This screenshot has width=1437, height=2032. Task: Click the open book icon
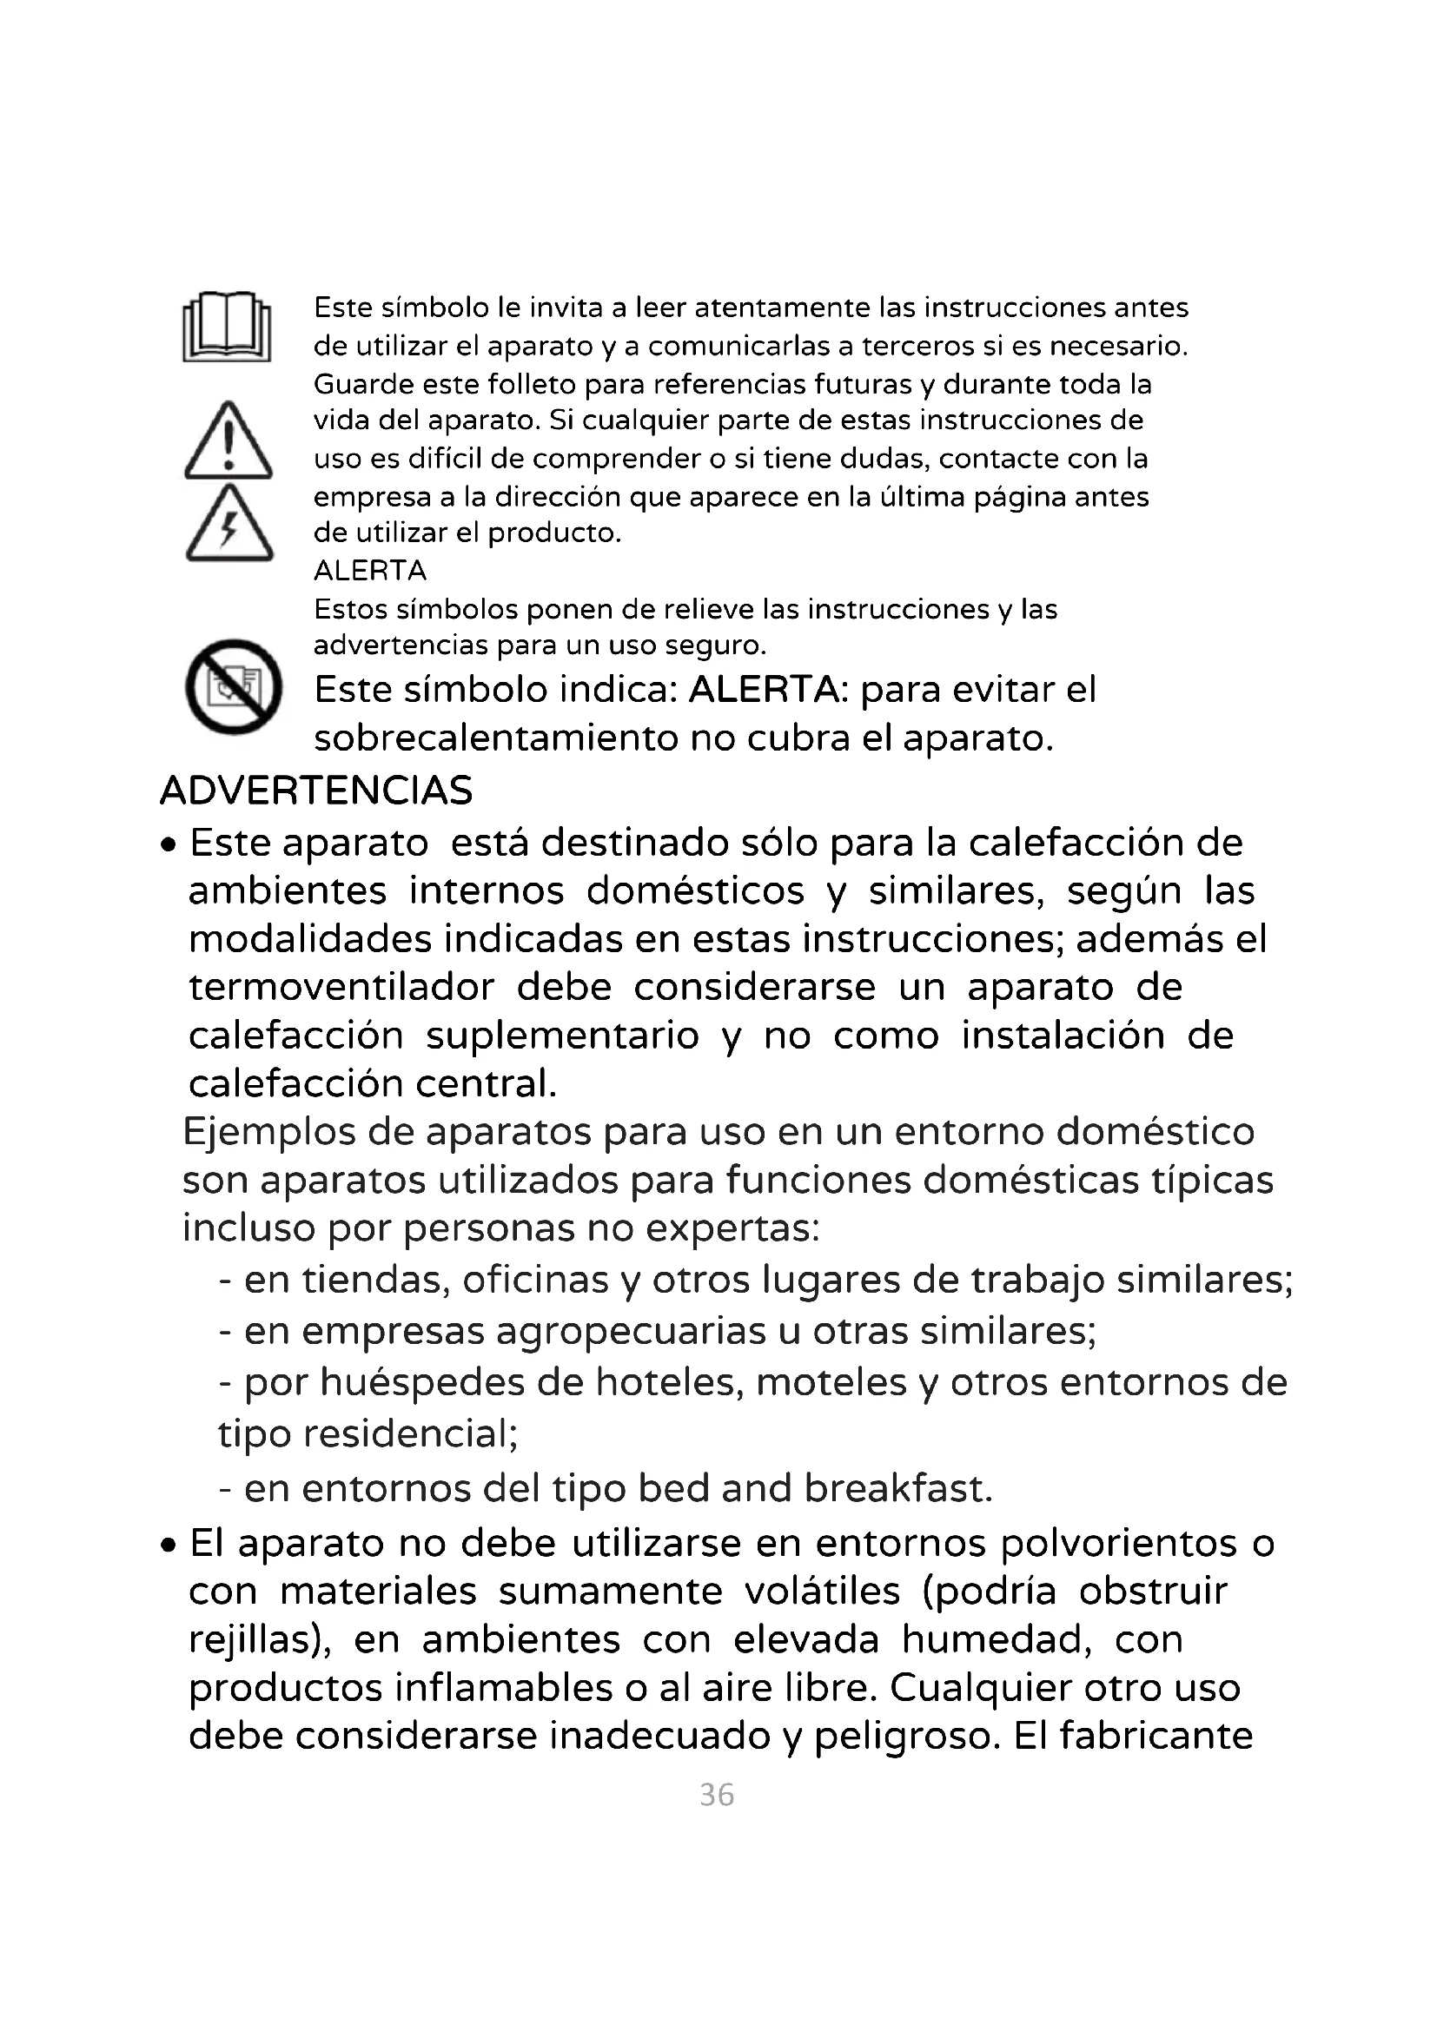tap(227, 327)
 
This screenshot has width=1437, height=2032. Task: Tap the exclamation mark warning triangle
tap(228, 441)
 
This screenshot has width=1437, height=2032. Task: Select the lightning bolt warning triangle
tap(229, 524)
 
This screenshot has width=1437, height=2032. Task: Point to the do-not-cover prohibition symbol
tap(234, 686)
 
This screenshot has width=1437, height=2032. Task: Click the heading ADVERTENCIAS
tap(316, 791)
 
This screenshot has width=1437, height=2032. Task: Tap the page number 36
tap(717, 1795)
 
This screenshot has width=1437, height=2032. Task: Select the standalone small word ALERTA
tap(370, 571)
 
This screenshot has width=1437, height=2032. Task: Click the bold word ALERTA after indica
tap(764, 690)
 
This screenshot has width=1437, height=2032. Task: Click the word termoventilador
tap(341, 987)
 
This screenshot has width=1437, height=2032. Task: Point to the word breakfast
tap(898, 1489)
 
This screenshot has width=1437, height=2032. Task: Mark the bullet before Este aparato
tap(169, 844)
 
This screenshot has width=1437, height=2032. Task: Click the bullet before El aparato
tap(169, 1546)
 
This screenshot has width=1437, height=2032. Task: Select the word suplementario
tap(563, 1036)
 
